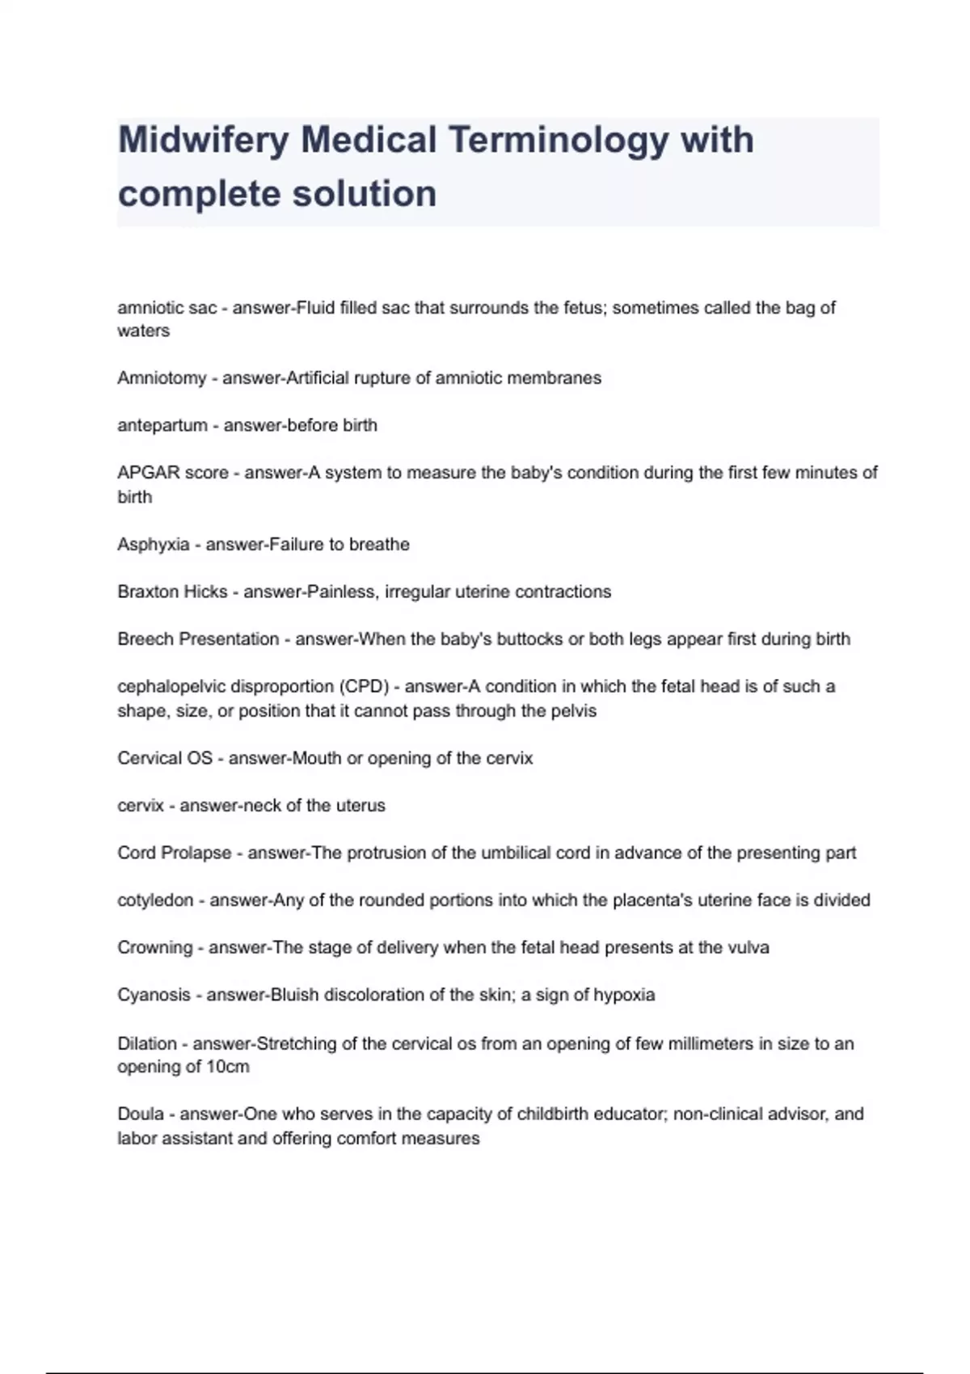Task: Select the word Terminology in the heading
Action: (558, 141)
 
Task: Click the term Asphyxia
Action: (154, 545)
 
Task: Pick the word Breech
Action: (145, 639)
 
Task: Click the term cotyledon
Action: (155, 900)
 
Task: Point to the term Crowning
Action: (155, 947)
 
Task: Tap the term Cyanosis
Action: (154, 995)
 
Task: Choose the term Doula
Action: (141, 1115)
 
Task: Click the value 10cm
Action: (228, 1067)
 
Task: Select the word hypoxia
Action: (624, 995)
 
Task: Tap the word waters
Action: (143, 331)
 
